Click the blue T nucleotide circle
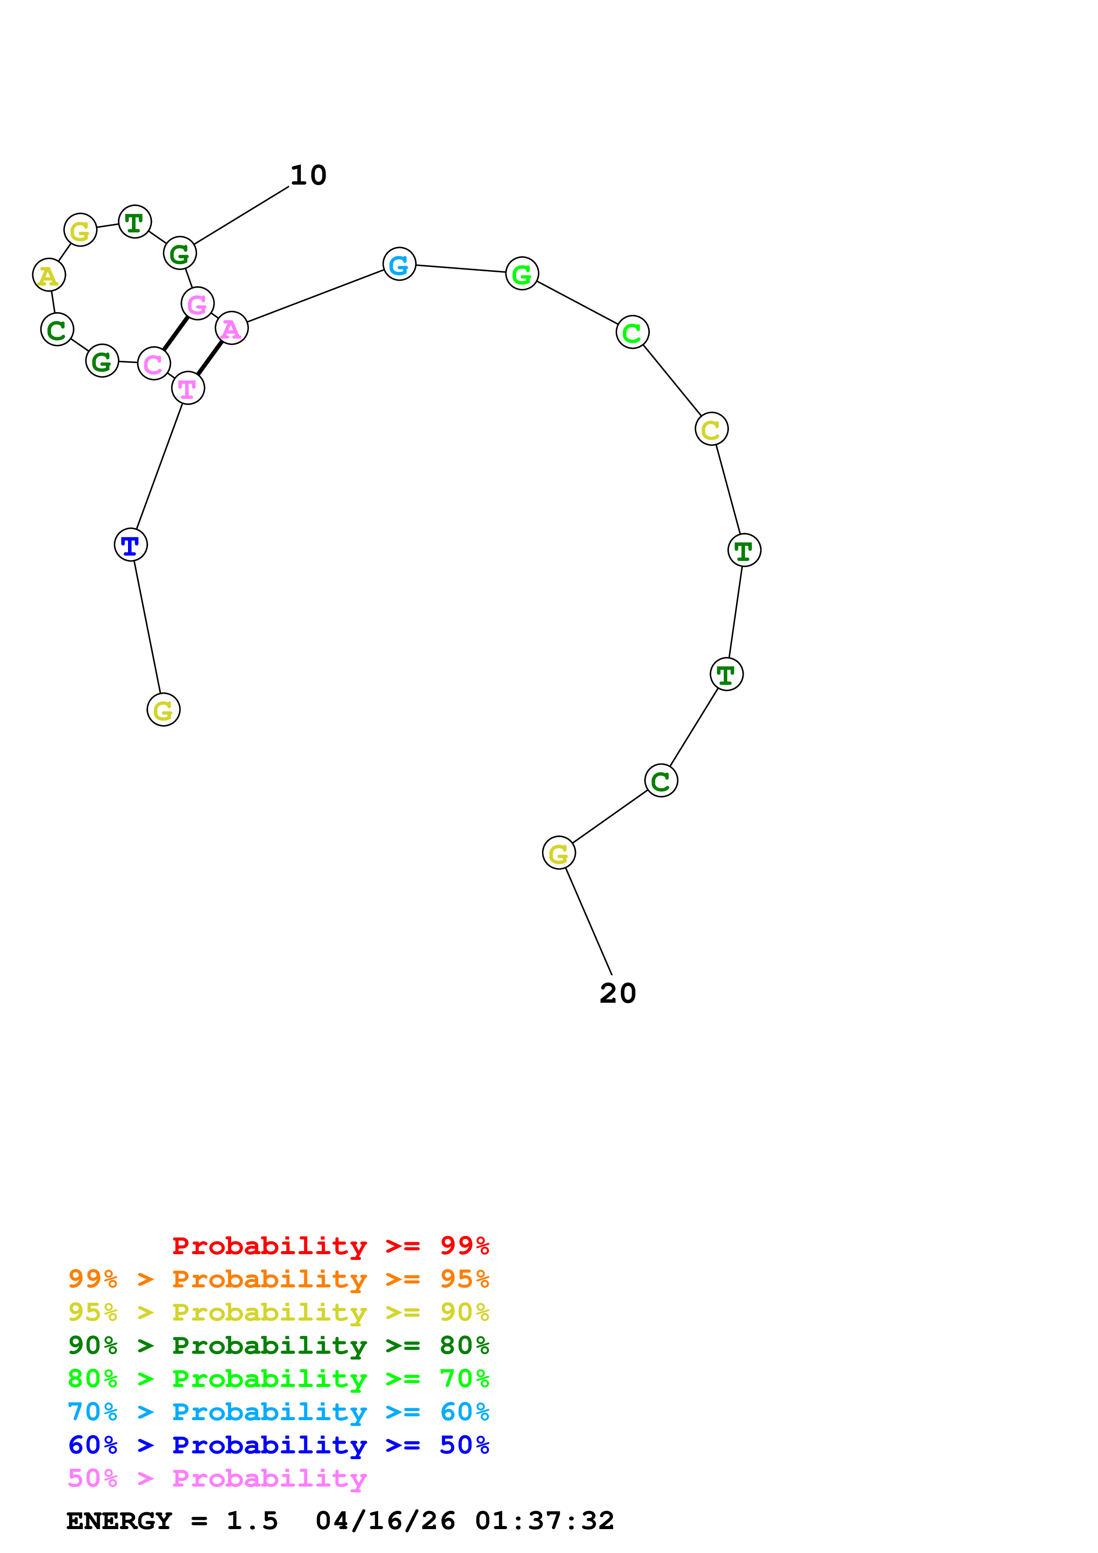point(131,545)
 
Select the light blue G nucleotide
point(399,264)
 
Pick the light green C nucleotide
point(632,332)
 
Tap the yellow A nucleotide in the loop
point(49,275)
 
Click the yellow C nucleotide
point(711,429)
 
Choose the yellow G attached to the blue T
point(163,710)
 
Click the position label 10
point(309,176)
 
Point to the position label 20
point(618,993)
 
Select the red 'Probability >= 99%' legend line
point(330,1245)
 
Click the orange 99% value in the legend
point(93,1279)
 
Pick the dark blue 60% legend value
point(93,1445)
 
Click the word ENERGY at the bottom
point(119,1521)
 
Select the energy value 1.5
point(252,1521)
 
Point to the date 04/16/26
point(385,1521)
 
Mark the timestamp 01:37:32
point(545,1521)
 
